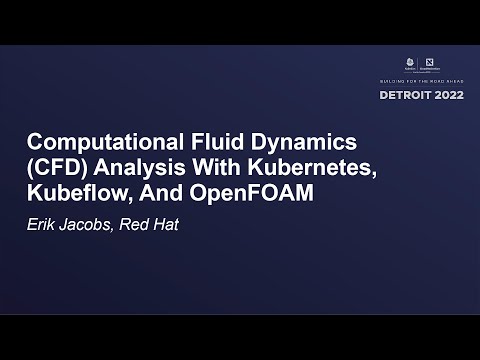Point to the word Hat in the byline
(167, 222)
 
